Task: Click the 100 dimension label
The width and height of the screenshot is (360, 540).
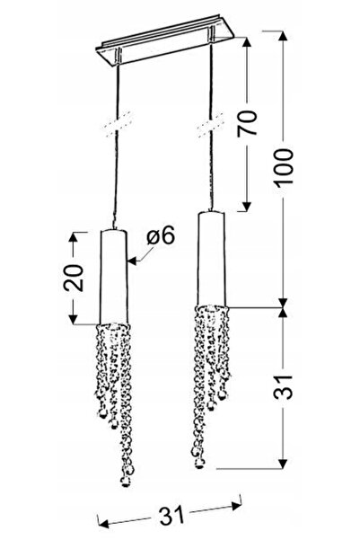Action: tap(284, 167)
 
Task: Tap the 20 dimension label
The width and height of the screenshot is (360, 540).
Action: tap(74, 278)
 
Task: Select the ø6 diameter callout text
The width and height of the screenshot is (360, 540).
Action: tap(161, 236)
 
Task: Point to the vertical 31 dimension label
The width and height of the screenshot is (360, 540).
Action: tap(284, 386)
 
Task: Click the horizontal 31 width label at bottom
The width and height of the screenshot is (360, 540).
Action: tap(171, 515)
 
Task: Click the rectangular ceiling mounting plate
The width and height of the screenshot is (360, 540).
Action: tap(166, 42)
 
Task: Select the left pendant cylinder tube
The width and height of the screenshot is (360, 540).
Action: tap(114, 277)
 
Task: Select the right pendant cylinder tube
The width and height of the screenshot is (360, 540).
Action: tap(211, 259)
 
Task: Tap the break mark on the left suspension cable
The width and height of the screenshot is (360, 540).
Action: tap(118, 125)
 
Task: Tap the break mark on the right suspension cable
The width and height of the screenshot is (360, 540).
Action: tap(211, 125)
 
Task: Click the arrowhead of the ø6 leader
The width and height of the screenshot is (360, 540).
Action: tap(133, 262)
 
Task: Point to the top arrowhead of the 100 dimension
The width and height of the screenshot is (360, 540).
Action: tap(283, 37)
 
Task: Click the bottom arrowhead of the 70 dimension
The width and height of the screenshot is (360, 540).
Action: tap(246, 205)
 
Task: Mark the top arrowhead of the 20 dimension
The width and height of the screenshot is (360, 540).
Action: tap(74, 237)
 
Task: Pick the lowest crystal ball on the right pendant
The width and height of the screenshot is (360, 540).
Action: tap(198, 464)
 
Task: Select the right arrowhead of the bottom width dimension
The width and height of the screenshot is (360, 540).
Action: tap(236, 506)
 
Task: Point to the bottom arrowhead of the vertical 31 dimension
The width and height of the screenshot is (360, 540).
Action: tap(283, 463)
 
